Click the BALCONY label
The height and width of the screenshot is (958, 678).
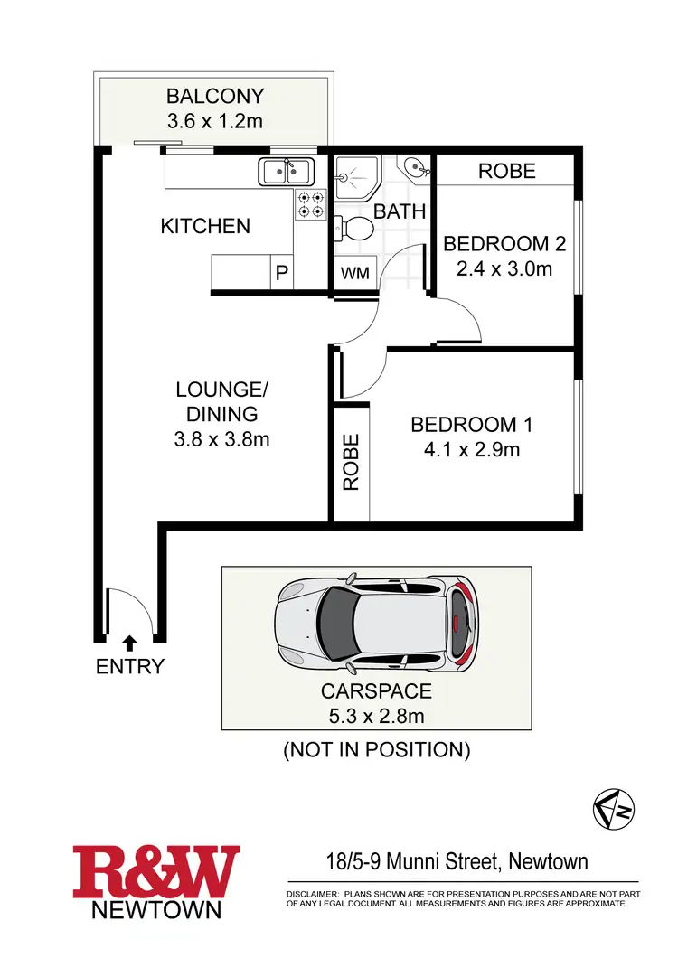click(214, 96)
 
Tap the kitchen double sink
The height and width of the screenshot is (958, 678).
click(287, 171)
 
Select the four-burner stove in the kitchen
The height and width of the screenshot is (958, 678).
click(311, 204)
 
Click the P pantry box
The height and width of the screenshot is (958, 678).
click(281, 272)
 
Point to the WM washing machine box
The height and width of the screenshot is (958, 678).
click(354, 273)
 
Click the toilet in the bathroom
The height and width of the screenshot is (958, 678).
click(353, 230)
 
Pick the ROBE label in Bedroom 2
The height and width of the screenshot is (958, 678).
click(506, 171)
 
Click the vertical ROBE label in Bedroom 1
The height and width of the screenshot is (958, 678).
click(351, 462)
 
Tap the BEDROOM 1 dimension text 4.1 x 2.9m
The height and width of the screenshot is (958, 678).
click(472, 449)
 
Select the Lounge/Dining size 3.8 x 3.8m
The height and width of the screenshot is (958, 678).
click(222, 439)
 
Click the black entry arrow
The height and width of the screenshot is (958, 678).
click(130, 643)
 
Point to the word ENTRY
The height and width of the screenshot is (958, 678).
click(130, 668)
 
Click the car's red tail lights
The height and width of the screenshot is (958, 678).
click(464, 622)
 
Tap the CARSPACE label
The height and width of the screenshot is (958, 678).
click(377, 692)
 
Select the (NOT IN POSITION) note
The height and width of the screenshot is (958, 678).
click(377, 749)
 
